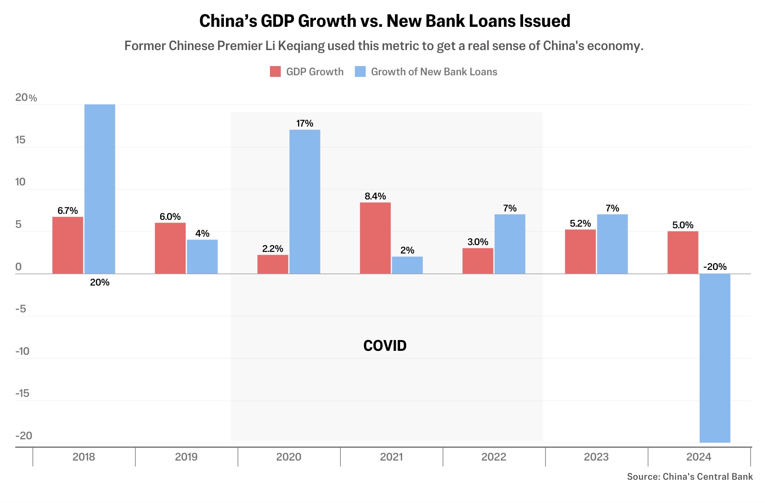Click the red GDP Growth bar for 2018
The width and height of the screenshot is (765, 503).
[68, 245]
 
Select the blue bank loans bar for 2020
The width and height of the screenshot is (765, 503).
[305, 201]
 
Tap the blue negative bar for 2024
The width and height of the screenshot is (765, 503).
[715, 358]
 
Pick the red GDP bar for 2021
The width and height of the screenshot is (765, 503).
[375, 238]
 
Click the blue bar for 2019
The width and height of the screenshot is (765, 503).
[202, 257]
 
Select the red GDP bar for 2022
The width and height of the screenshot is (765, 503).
[478, 261]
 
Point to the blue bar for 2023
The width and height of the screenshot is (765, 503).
[612, 244]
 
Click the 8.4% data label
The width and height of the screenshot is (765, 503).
[375, 196]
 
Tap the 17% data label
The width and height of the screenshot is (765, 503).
[305, 123]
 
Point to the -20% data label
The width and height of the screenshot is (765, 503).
[715, 267]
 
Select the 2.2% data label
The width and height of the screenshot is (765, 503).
[273, 249]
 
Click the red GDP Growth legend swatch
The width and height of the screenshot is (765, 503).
[275, 72]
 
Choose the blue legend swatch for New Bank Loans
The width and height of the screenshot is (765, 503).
[360, 72]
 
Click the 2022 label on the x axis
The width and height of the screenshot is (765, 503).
[494, 457]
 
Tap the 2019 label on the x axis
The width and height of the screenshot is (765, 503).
[186, 457]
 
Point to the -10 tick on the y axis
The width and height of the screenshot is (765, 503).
[22, 351]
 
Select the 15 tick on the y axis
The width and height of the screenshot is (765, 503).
[20, 140]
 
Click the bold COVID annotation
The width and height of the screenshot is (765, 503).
[385, 346]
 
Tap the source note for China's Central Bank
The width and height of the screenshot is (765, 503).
[690, 477]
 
